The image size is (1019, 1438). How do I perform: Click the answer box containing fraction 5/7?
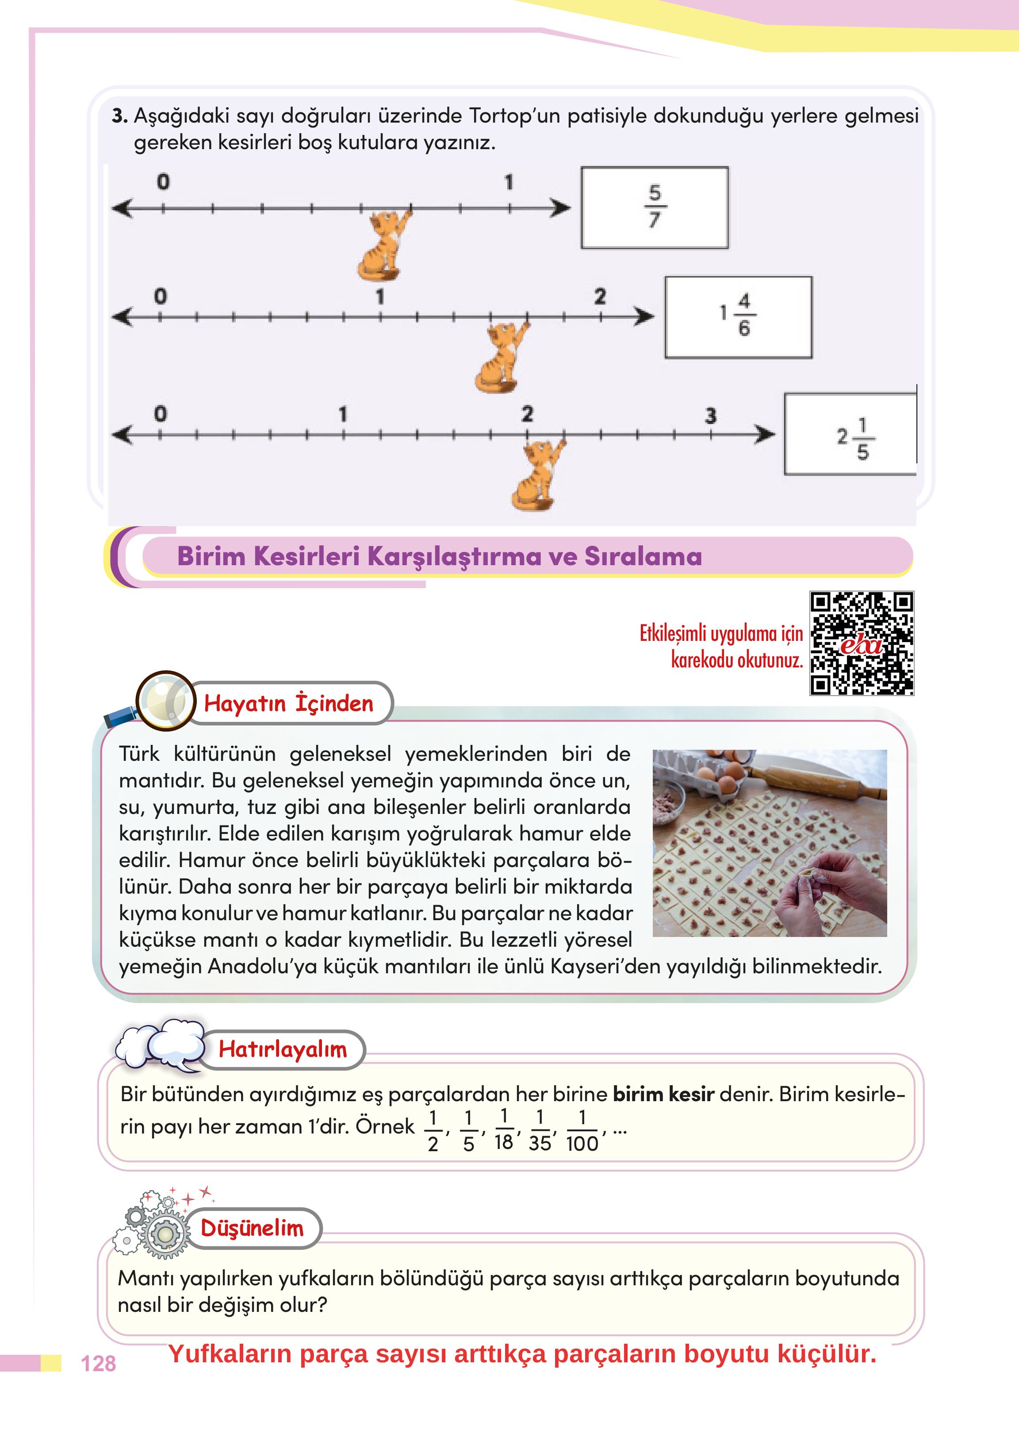(655, 207)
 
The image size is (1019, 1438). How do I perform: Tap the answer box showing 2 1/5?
(850, 434)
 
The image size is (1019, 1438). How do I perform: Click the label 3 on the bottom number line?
(710, 416)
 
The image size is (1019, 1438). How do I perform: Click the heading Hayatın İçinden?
(289, 703)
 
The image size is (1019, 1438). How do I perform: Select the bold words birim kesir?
(663, 1095)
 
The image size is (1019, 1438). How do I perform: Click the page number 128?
(99, 1363)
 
